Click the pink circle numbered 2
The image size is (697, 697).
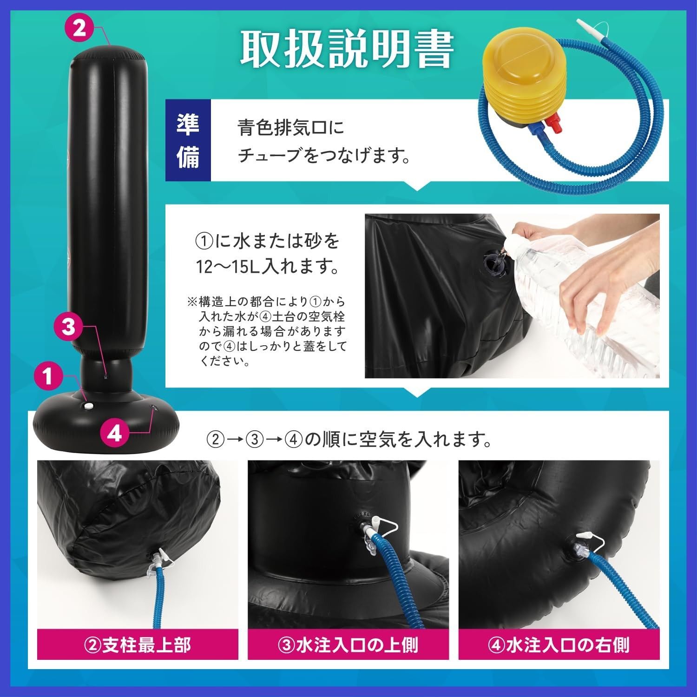(x=79, y=29)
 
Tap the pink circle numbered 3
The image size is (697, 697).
(x=68, y=327)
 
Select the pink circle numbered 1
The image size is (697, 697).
(x=48, y=377)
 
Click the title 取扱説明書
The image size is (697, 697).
(x=347, y=50)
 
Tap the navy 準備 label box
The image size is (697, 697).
(x=188, y=140)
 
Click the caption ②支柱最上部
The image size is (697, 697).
(x=138, y=644)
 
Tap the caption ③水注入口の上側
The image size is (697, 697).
(x=348, y=644)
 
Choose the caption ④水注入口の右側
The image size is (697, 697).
(x=559, y=644)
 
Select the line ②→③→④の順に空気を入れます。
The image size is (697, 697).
(x=348, y=439)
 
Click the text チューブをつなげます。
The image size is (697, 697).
(x=324, y=157)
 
